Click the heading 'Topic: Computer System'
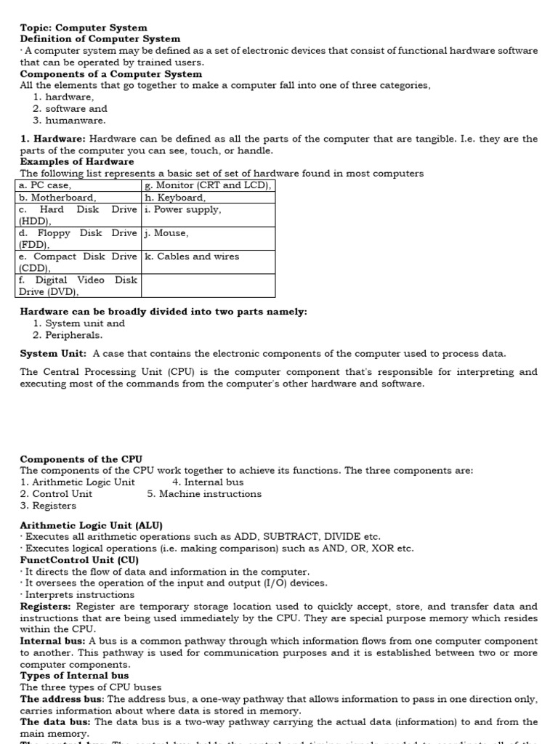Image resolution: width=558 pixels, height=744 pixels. pos(84,28)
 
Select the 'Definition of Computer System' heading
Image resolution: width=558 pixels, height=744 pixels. pos(100,39)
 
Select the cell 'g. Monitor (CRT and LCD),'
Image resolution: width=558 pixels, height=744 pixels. pos(209,186)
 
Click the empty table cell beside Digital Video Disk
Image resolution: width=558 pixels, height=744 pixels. pos(208,286)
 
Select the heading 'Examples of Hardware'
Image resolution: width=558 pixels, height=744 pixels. pos(77,162)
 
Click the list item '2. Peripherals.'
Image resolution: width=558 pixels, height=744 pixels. pos(68,336)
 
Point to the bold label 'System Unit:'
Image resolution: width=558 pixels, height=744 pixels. pos(53,354)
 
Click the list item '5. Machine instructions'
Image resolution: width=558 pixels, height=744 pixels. pos(204,494)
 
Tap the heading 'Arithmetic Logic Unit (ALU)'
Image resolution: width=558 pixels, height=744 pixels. pos(92,525)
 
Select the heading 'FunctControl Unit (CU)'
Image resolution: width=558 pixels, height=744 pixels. pos(79,560)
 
